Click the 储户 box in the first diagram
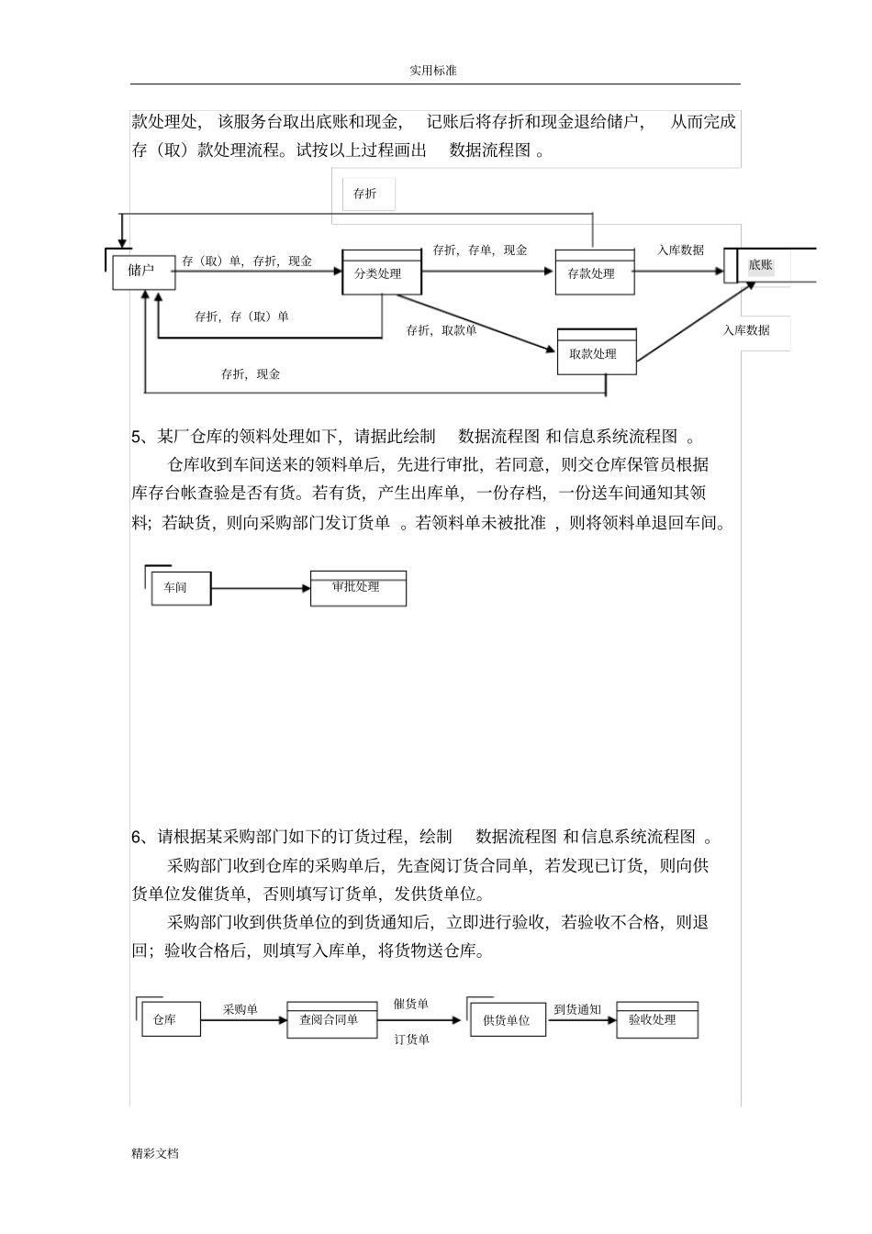(x=143, y=272)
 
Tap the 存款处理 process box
(x=594, y=273)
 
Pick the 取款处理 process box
(x=596, y=353)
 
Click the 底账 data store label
(x=761, y=265)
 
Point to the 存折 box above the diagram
(x=365, y=194)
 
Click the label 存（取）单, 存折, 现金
(x=247, y=261)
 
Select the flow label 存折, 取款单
(x=442, y=330)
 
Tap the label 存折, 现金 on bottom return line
(x=251, y=374)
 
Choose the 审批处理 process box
(x=358, y=588)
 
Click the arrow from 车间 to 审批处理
(x=261, y=588)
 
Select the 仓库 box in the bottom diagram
(x=170, y=1019)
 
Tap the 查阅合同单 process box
(x=331, y=1019)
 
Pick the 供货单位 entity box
(x=507, y=1020)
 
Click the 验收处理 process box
(x=655, y=1020)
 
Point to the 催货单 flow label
(x=411, y=1004)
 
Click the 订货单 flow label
(x=412, y=1039)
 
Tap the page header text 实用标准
(x=433, y=71)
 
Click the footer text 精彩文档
(x=155, y=1153)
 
